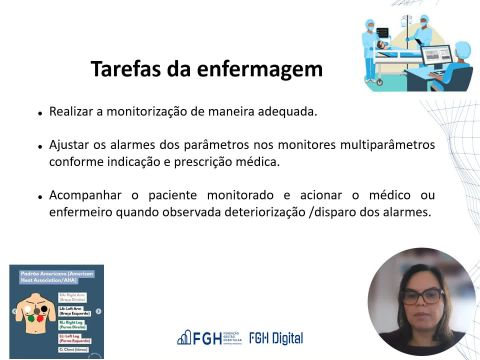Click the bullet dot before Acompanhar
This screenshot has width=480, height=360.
(38, 196)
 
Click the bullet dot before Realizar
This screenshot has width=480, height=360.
(38, 113)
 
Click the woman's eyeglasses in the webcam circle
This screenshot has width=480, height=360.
(423, 296)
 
